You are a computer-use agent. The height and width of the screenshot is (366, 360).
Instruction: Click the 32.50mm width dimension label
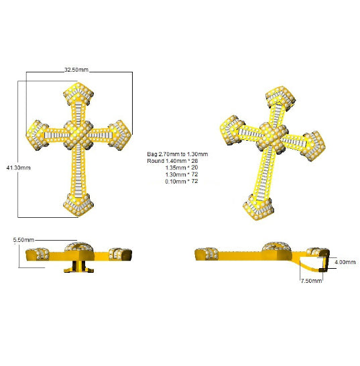76,69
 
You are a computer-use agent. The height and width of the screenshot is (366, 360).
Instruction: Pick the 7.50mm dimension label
311,282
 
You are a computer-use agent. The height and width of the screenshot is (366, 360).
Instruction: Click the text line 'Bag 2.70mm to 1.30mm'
176,154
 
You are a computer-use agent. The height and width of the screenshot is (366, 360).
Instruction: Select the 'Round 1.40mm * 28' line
176,161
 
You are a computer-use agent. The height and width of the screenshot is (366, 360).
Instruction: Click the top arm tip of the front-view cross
80,95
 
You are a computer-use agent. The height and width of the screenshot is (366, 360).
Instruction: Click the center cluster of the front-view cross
80,133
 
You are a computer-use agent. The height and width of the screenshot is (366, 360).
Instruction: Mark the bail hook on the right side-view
318,262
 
